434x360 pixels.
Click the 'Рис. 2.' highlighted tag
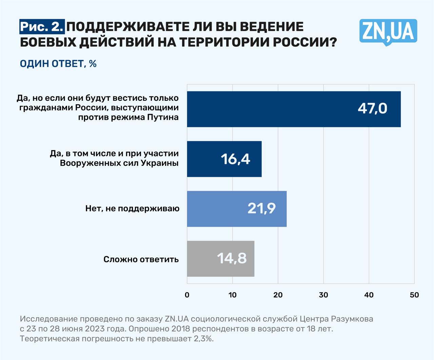coord(42,27)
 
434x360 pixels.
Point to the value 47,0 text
coord(372,109)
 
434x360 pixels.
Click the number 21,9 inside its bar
coord(261,208)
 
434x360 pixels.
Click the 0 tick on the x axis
coord(187,295)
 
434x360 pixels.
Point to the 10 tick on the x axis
coord(233,295)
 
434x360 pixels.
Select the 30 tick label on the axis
coord(323,295)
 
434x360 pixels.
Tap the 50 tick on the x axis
coord(414,295)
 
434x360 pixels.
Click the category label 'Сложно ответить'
coord(141,260)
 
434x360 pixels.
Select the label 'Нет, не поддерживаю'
coord(132,208)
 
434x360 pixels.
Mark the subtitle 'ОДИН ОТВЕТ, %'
coord(58,64)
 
